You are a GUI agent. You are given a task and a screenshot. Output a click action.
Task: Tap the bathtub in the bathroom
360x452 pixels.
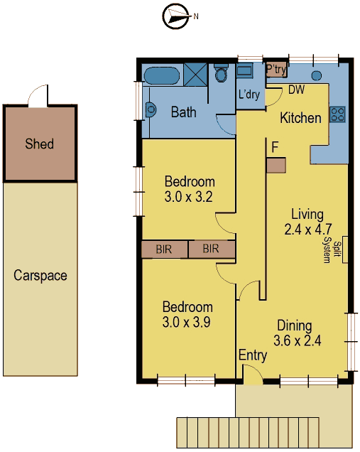[x=161, y=75]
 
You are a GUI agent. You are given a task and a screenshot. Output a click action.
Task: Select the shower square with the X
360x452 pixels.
[x=195, y=75]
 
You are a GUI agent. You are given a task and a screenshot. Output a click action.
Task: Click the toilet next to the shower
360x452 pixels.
[x=222, y=73]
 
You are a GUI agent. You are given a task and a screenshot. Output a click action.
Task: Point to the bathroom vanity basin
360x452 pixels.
[x=151, y=109]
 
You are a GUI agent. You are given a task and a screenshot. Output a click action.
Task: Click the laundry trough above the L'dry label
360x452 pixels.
[x=244, y=70]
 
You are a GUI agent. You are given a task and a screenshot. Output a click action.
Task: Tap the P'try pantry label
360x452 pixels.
[x=276, y=69]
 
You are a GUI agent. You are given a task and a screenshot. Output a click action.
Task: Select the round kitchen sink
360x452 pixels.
[x=317, y=76]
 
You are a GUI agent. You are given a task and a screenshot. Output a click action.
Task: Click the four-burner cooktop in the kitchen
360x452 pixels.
[x=337, y=114]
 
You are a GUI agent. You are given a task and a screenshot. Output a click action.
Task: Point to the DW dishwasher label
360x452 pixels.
[x=296, y=90]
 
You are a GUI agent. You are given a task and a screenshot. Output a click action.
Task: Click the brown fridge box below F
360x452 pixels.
[x=276, y=165]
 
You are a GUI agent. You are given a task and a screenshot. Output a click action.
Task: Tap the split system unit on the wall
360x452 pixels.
[x=345, y=249]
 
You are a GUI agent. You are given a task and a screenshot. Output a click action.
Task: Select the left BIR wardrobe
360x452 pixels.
[x=165, y=249]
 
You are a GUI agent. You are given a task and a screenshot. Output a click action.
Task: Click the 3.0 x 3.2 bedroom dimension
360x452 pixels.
[x=189, y=197]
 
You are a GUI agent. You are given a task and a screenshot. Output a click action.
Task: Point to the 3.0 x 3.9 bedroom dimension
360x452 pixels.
[x=186, y=322]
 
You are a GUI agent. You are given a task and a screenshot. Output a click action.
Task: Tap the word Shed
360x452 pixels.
[x=40, y=144]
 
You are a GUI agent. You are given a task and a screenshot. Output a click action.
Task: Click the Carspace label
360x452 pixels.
[x=40, y=276]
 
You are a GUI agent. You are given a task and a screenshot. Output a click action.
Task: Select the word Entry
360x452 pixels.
[x=253, y=355]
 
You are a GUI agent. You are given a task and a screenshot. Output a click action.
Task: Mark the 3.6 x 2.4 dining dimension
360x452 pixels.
[x=298, y=340]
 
